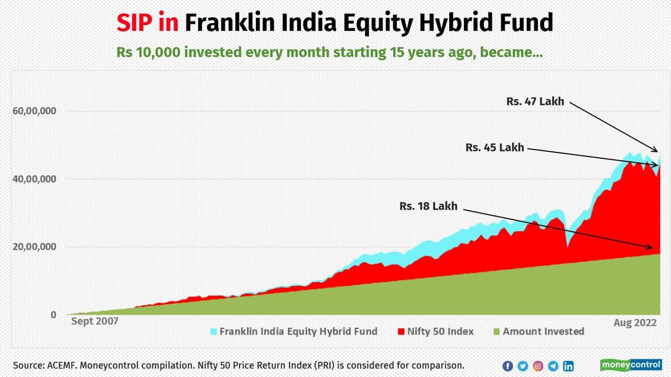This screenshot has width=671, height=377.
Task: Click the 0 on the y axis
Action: (53, 315)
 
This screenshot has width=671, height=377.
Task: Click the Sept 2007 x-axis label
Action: (94, 321)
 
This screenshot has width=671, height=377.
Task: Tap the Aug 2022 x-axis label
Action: (635, 323)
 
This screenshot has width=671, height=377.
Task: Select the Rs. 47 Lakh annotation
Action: (535, 102)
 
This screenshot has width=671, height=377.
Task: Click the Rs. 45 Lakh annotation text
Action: (494, 148)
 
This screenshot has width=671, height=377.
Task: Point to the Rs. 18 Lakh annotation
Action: (428, 206)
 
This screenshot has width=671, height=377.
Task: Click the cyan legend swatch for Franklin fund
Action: (213, 331)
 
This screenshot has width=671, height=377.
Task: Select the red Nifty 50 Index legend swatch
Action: (401, 331)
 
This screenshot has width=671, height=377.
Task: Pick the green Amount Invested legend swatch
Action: (496, 331)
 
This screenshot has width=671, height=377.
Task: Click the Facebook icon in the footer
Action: (507, 366)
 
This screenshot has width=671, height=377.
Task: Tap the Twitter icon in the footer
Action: (523, 366)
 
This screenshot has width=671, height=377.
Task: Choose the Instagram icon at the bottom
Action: (538, 366)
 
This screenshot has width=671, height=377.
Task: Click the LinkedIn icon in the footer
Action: (568, 366)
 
